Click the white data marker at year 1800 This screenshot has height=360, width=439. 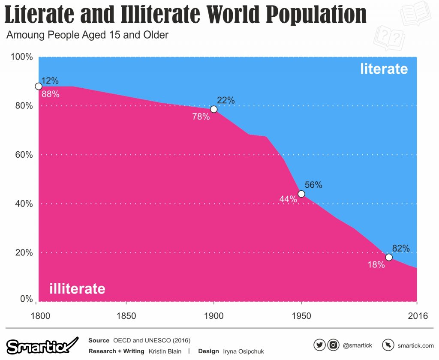click(x=39, y=86)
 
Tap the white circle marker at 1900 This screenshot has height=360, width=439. click(x=213, y=109)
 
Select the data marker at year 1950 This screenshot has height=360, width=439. click(x=301, y=194)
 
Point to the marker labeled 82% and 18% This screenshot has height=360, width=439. click(x=389, y=257)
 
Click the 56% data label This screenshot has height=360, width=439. click(x=313, y=185)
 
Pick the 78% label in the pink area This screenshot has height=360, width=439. click(x=201, y=116)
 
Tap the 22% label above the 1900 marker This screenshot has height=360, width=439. click(x=226, y=100)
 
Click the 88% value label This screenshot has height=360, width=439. click(x=50, y=94)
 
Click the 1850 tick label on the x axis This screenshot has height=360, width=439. click(x=126, y=316)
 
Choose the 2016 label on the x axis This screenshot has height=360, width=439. click(x=418, y=316)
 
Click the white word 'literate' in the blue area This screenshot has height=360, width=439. click(x=384, y=69)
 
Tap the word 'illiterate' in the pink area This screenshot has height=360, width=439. click(x=77, y=288)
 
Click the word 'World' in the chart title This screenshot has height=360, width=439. click(x=233, y=15)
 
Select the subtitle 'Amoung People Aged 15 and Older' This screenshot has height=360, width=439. click(x=87, y=35)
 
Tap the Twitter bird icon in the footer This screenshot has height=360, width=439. click(x=319, y=345)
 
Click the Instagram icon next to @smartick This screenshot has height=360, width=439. click(x=334, y=345)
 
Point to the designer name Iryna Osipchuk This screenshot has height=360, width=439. click(x=243, y=351)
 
